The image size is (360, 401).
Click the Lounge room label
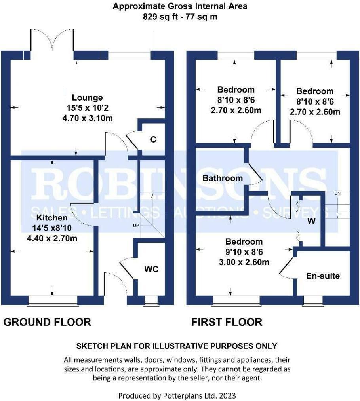pos(87,97)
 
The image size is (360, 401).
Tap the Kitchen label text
pos(52,218)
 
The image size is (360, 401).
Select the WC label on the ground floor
pos(151,269)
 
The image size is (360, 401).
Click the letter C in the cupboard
pos(154,139)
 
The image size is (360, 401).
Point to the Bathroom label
pos(223,178)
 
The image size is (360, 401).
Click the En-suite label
pos(323,276)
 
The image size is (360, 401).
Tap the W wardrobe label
pos(312,222)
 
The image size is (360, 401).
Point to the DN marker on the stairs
pos(337,193)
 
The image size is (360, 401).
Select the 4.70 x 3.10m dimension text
pos(87,118)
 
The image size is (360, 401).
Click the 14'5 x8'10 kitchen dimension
pos(52,228)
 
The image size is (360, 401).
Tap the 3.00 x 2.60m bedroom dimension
pos(244,262)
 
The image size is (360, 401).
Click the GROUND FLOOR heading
pos(47,322)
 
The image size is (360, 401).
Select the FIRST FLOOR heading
pos(227,322)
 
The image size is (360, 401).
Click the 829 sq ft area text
pos(180,17)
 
